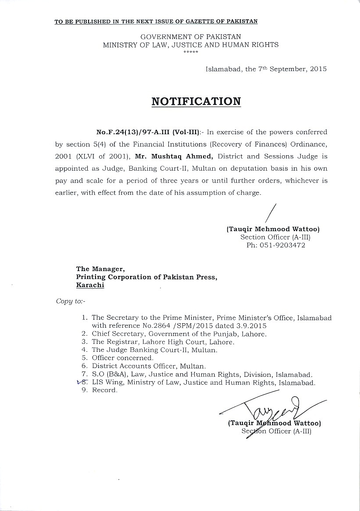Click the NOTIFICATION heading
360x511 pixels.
point(196,101)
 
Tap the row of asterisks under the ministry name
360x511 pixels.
point(191,52)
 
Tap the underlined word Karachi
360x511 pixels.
point(90,285)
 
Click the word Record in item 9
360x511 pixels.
point(104,390)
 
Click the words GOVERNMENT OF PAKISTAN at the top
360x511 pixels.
point(190,37)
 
